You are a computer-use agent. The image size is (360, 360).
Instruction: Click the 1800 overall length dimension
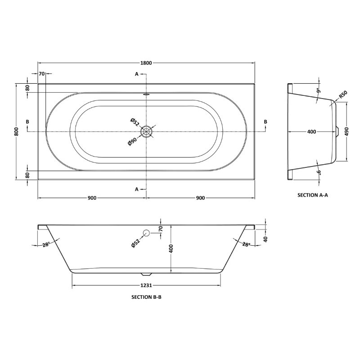pyautogui.click(x=146, y=62)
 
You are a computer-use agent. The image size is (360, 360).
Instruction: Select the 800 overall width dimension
pyautogui.click(x=16, y=131)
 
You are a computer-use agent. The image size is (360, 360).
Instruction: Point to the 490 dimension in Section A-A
pyautogui.click(x=347, y=131)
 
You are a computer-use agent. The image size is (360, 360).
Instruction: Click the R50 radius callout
pyautogui.click(x=343, y=94)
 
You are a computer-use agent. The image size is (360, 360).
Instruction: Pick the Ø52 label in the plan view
pyautogui.click(x=134, y=121)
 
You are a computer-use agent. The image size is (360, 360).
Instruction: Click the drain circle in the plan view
pyautogui.click(x=146, y=131)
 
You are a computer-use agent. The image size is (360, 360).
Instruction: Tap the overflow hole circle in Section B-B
pyautogui.click(x=146, y=233)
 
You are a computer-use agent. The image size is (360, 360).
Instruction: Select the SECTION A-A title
pyautogui.click(x=313, y=195)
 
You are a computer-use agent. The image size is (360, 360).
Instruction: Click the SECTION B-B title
pyautogui.click(x=146, y=297)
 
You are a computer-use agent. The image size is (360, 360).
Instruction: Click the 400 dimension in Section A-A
pyautogui.click(x=311, y=131)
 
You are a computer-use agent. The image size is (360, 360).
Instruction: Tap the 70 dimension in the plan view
pyautogui.click(x=41, y=73)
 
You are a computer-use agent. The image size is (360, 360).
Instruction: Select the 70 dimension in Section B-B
pyautogui.click(x=160, y=229)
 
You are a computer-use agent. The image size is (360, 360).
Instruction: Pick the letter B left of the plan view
pyautogui.click(x=28, y=122)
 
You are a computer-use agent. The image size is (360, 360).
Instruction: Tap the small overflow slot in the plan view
pyautogui.click(x=146, y=94)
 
